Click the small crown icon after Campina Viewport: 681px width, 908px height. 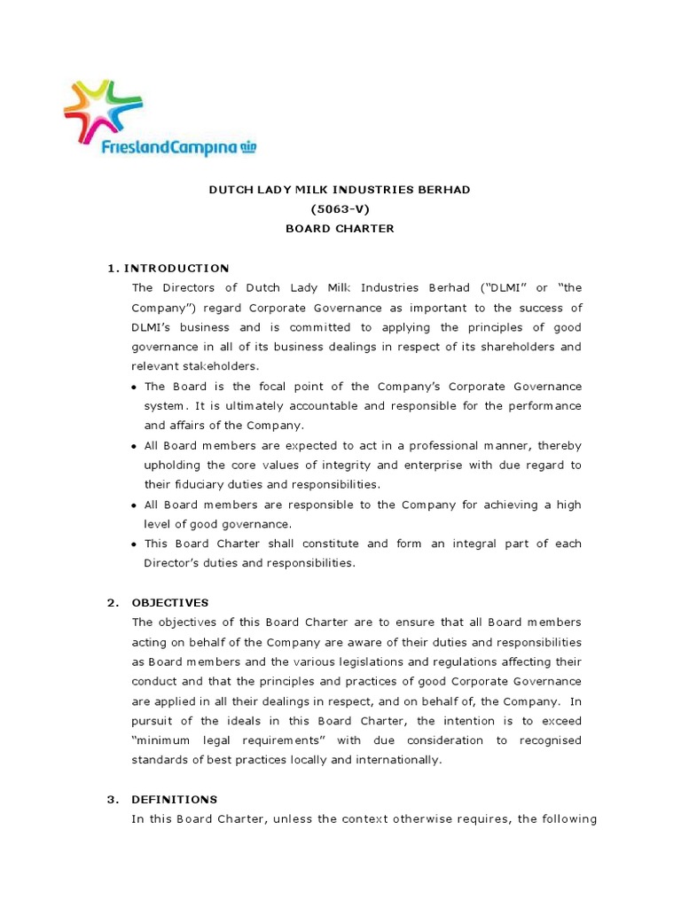(247, 147)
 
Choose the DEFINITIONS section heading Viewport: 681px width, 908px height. (174, 799)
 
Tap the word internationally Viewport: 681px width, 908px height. (398, 759)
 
